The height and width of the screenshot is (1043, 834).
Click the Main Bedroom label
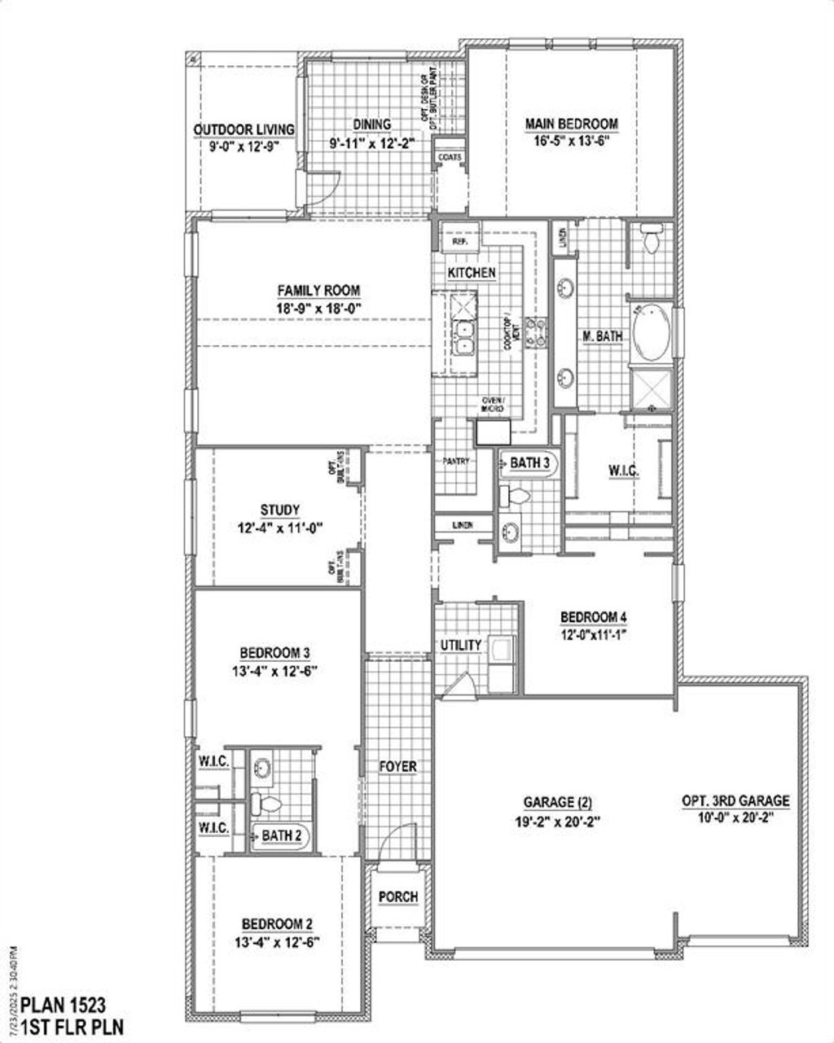(571, 124)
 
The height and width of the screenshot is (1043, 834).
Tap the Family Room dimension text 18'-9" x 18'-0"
(318, 308)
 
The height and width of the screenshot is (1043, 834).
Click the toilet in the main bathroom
(651, 239)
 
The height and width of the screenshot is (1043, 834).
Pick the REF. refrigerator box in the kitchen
(459, 242)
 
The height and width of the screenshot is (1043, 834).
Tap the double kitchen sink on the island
(463, 337)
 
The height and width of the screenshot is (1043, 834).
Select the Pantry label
(457, 461)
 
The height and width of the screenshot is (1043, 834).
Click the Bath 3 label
(530, 463)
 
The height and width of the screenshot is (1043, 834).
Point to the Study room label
(280, 511)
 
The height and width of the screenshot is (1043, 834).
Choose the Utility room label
(461, 645)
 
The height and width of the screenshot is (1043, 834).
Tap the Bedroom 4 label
(593, 617)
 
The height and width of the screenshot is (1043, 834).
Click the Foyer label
(398, 767)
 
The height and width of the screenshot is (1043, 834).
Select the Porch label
(398, 896)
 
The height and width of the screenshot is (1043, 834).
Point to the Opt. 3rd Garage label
(735, 801)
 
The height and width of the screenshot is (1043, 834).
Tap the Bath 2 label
(282, 835)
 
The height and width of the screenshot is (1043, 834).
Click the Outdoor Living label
(244, 129)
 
